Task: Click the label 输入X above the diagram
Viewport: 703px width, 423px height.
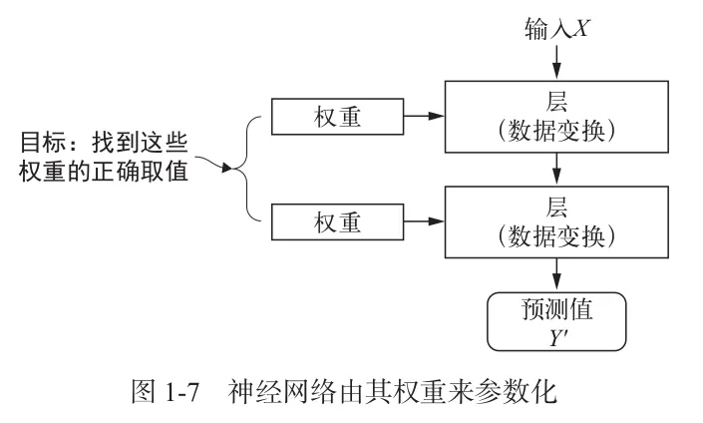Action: tap(556, 27)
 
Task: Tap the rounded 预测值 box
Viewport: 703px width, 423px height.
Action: tap(556, 321)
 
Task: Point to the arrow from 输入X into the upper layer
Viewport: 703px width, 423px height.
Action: tap(556, 62)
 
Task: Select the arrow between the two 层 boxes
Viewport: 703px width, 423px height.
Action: tap(556, 169)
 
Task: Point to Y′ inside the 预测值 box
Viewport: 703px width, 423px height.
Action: tap(556, 335)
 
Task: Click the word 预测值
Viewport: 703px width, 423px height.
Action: tap(556, 308)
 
